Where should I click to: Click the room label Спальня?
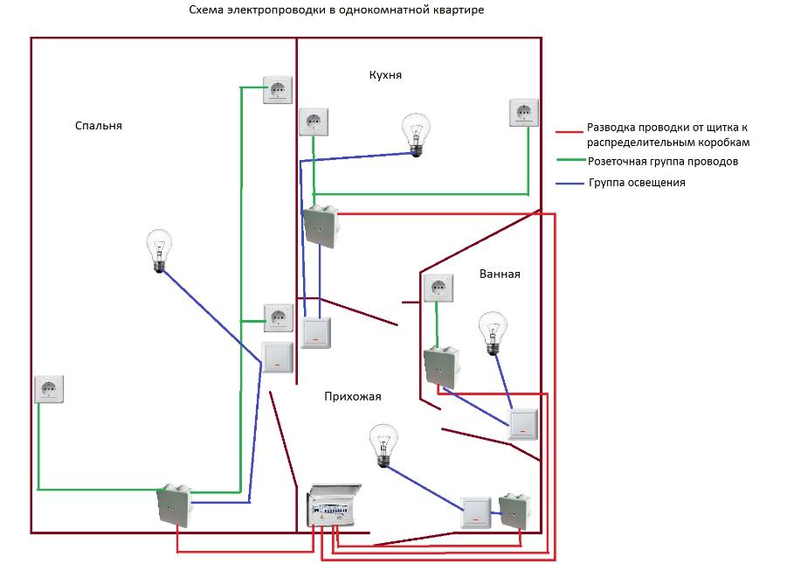98,126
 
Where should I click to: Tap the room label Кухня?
385,76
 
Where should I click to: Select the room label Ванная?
500,274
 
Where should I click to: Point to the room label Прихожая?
353,396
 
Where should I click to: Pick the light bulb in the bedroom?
158,249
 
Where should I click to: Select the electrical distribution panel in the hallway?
334,507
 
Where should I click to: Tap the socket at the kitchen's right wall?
524,114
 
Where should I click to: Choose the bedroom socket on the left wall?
50,389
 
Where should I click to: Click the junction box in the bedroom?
173,505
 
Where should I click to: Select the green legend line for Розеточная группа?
570,162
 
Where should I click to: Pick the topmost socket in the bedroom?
278,90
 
